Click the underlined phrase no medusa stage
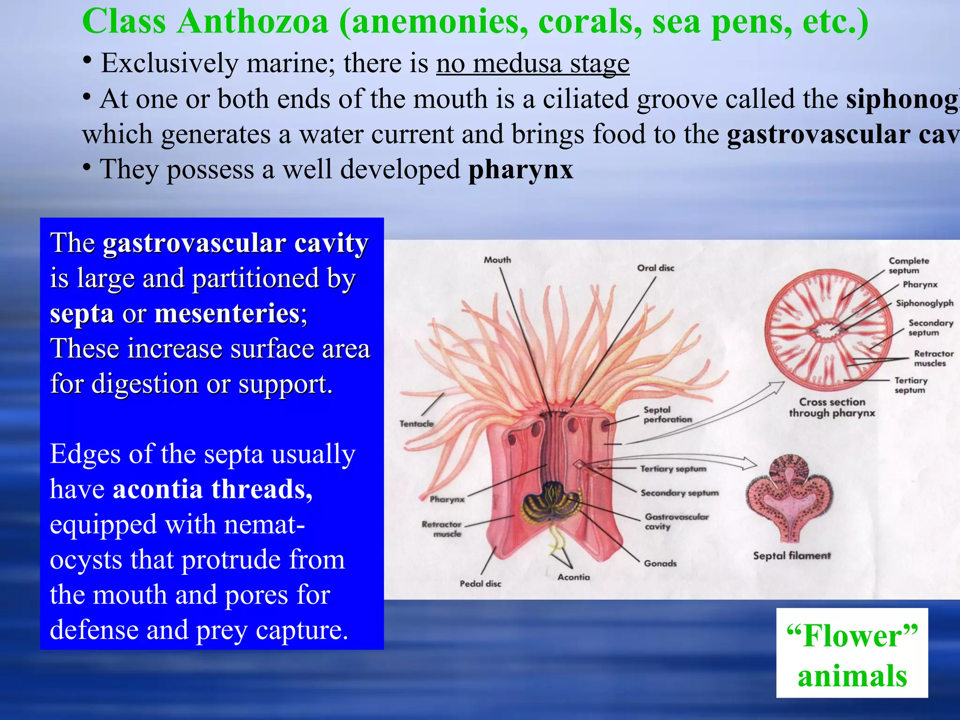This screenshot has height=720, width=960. point(532,63)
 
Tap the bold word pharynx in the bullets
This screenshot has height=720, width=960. point(521,169)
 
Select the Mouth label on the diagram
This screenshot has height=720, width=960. point(497,260)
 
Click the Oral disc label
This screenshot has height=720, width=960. point(655,268)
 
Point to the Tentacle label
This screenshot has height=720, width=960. point(416,424)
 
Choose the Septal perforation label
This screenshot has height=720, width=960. point(667,414)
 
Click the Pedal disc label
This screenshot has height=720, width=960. point(480,584)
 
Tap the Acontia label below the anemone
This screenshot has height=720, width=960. point(573,577)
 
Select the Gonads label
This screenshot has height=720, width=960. point(660,563)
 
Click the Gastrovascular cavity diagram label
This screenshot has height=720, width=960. point(676,521)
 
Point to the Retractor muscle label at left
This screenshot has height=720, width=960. point(442,529)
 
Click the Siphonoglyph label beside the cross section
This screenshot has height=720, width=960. point(924,303)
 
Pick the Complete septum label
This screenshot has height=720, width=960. point(908,265)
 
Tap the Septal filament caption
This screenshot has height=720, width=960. point(792,556)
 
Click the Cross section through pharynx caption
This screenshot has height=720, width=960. point(832,407)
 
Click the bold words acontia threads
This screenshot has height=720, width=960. point(212,489)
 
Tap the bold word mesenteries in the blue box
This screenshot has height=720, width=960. point(230,314)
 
